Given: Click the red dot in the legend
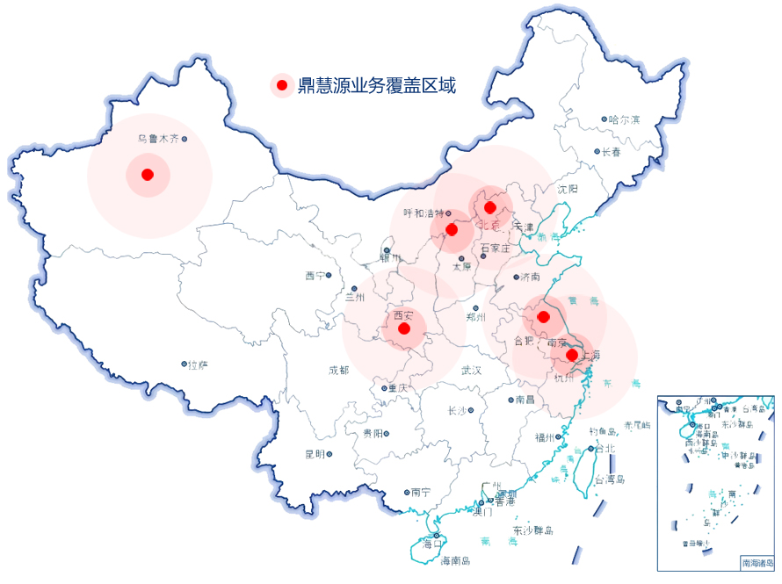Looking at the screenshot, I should tap(281, 85).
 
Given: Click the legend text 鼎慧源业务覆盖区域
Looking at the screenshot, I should tap(377, 85).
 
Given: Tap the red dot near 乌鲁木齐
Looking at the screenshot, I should tap(148, 175).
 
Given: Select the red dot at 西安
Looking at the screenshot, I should tap(404, 328).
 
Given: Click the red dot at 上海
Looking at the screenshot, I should tap(571, 355).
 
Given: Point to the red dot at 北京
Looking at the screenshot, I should tap(490, 207).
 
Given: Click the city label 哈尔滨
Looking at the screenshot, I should tap(625, 119).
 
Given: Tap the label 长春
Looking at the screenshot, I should tap(612, 152).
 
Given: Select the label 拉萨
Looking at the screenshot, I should tap(199, 364).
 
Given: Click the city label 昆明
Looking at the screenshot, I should tap(314, 454).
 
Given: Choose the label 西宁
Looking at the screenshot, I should tap(315, 276).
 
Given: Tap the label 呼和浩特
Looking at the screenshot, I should tap(423, 213).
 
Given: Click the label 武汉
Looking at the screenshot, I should tap(472, 371).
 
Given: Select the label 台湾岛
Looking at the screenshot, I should tap(609, 479).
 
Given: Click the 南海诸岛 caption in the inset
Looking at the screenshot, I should tap(757, 562).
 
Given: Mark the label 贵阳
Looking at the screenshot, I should tap(373, 434).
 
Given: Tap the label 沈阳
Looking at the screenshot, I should tap(568, 189).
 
